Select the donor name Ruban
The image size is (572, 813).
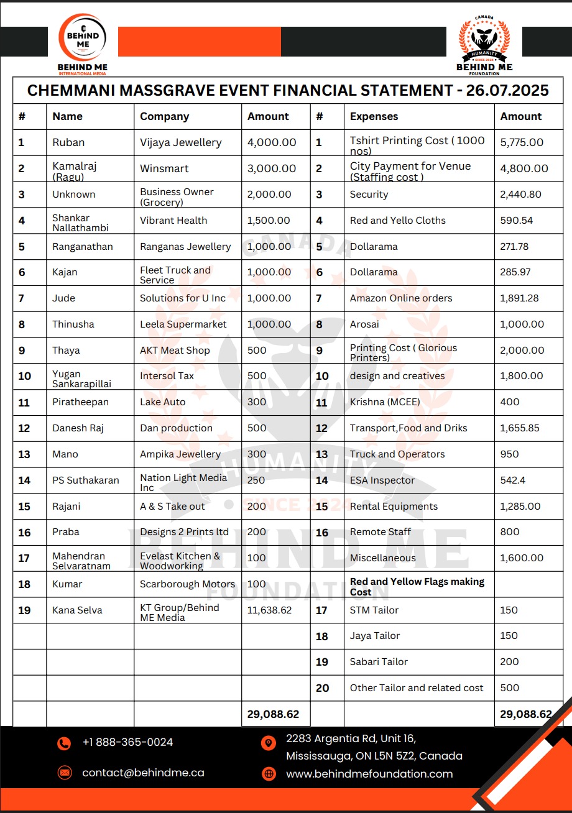[68, 142]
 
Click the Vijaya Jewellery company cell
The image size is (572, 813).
[180, 142]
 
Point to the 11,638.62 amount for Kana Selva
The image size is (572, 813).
[269, 610]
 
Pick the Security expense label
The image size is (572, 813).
[369, 195]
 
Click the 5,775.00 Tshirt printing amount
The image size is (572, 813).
[522, 142]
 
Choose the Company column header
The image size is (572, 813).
[164, 116]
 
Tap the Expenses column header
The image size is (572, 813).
[374, 116]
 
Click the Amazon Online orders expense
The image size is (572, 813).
[401, 298]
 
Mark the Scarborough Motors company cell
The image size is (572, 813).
[187, 584]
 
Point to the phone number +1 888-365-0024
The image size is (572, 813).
[127, 742]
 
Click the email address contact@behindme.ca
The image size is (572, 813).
[143, 773]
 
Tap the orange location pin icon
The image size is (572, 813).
[269, 743]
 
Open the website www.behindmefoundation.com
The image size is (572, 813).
[369, 774]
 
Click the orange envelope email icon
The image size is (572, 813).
[64, 773]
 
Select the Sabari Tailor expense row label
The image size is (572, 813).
[379, 662]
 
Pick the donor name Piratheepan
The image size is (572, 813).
[80, 402]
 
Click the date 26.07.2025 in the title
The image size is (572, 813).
[507, 91]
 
